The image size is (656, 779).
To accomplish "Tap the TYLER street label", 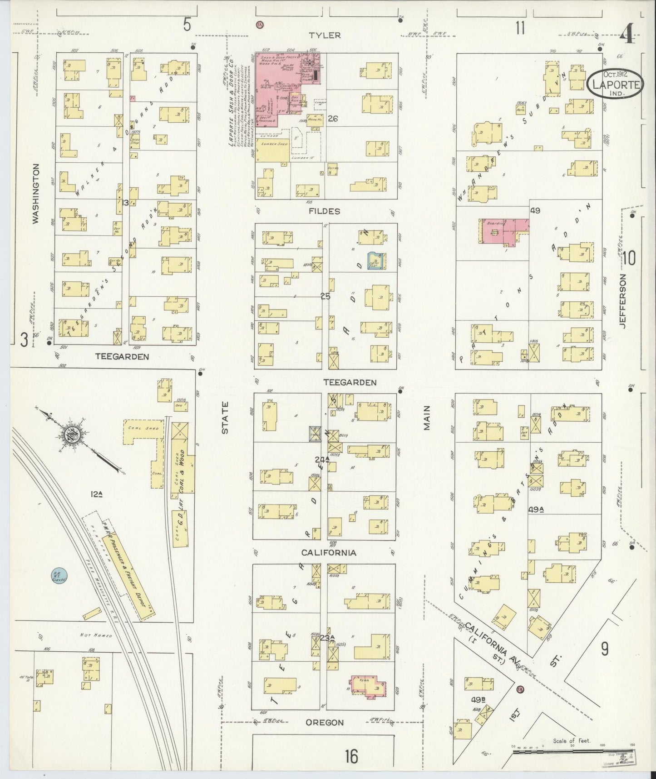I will point(325,35).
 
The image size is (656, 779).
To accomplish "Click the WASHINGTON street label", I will point(35,193).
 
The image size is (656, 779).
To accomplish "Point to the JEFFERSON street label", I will point(622,300).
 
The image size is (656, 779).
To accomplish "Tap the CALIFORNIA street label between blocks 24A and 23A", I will point(329,553).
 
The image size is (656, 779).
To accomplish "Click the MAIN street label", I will point(426,418).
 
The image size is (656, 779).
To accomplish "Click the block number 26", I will point(333,119).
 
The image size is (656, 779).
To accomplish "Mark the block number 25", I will point(325,296).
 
